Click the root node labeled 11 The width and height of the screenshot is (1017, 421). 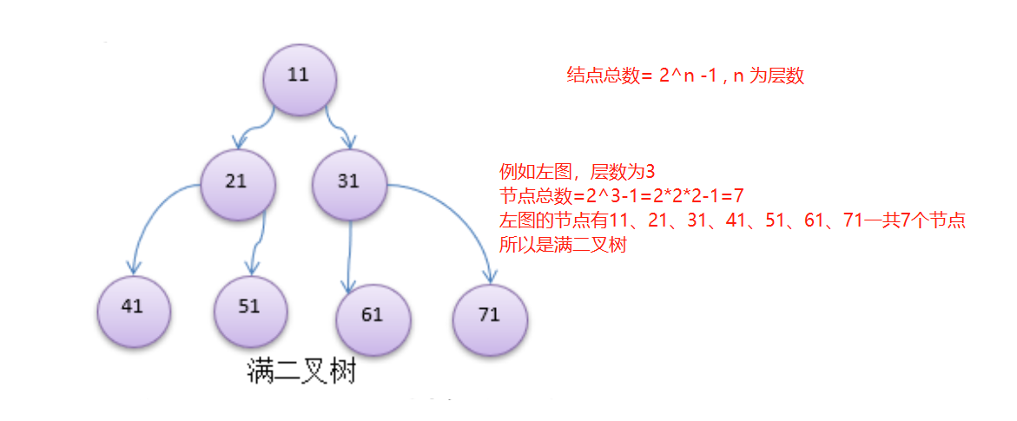click(x=300, y=76)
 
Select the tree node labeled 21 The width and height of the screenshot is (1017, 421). click(x=237, y=181)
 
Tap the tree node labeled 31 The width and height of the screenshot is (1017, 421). click(x=349, y=181)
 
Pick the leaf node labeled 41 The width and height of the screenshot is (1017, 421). click(x=134, y=307)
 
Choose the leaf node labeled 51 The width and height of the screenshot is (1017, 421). click(x=250, y=307)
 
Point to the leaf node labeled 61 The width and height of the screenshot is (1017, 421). click(x=373, y=314)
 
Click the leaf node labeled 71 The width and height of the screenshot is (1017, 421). click(x=490, y=314)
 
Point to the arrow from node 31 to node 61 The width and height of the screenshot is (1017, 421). click(x=349, y=252)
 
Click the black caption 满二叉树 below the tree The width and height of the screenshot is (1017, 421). click(x=300, y=374)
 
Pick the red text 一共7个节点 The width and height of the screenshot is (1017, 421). click(x=914, y=220)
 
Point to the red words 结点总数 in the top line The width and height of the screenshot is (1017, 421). click(x=603, y=76)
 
